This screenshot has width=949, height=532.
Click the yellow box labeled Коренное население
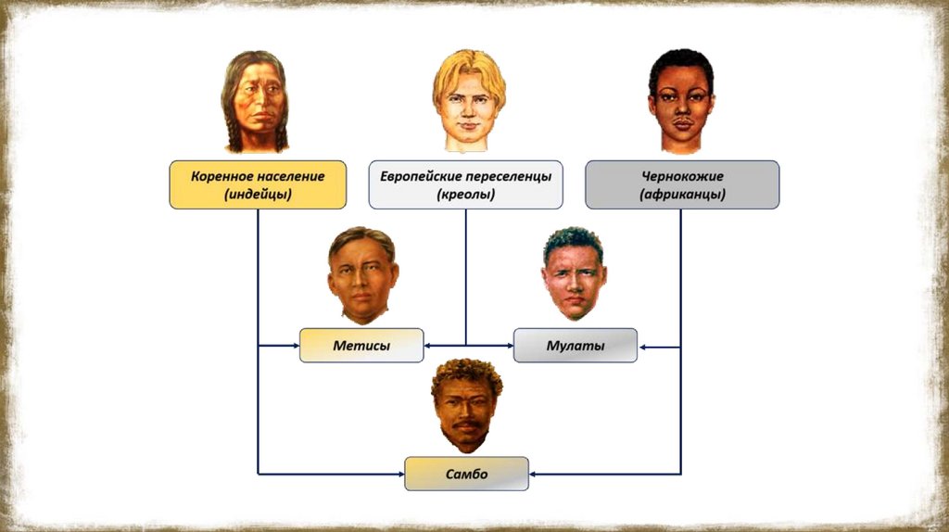point(258,184)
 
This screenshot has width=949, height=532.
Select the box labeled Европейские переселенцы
point(465,184)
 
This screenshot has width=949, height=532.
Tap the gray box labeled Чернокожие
point(682,184)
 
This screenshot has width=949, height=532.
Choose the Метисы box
point(361,345)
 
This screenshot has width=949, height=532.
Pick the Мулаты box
point(575,345)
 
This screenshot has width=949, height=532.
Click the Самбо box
point(466,474)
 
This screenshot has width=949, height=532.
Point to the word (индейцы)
point(258,195)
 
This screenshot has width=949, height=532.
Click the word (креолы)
point(465,195)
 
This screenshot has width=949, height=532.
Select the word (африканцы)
point(682,195)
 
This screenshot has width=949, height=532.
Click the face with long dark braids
point(256,102)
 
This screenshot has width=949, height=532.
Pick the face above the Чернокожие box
point(680,100)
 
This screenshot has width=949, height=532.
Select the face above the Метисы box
point(362,274)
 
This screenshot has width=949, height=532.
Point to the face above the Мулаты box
point(574,273)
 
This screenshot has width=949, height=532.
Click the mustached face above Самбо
point(465,405)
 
